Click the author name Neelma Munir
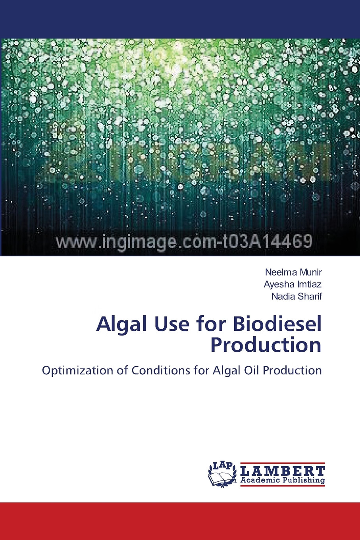pyautogui.click(x=293, y=272)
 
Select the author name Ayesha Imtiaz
pyautogui.click(x=293, y=284)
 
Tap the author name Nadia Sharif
pyautogui.click(x=296, y=296)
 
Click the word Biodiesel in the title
pyautogui.click(x=277, y=324)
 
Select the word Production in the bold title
pyautogui.click(x=266, y=345)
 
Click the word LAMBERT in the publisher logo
pyautogui.click(x=283, y=471)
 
